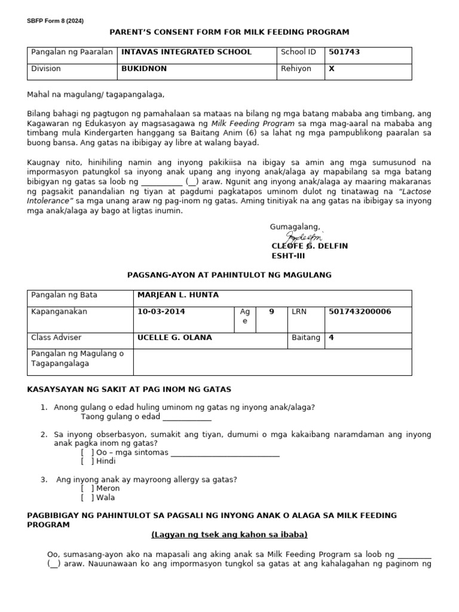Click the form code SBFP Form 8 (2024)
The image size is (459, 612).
coord(55,21)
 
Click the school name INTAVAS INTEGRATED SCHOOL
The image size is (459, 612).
coord(186,52)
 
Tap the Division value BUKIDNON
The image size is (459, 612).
coord(144,69)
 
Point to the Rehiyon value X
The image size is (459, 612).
coord(332,69)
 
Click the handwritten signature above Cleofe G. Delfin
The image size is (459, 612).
coord(304,238)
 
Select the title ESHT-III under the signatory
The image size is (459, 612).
coord(288,256)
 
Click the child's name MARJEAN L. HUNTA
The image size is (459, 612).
coord(178,295)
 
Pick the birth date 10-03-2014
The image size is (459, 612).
coord(161,311)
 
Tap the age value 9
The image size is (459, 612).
coord(271,311)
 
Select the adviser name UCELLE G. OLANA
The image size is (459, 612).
coord(175,338)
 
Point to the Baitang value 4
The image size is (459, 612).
coord(331,338)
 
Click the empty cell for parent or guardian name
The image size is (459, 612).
coord(272,362)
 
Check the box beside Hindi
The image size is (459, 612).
coord(87,461)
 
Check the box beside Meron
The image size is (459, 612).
coord(87,489)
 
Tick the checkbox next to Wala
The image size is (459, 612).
coord(87,498)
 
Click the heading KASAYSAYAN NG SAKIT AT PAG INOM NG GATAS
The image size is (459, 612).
coord(129,390)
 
